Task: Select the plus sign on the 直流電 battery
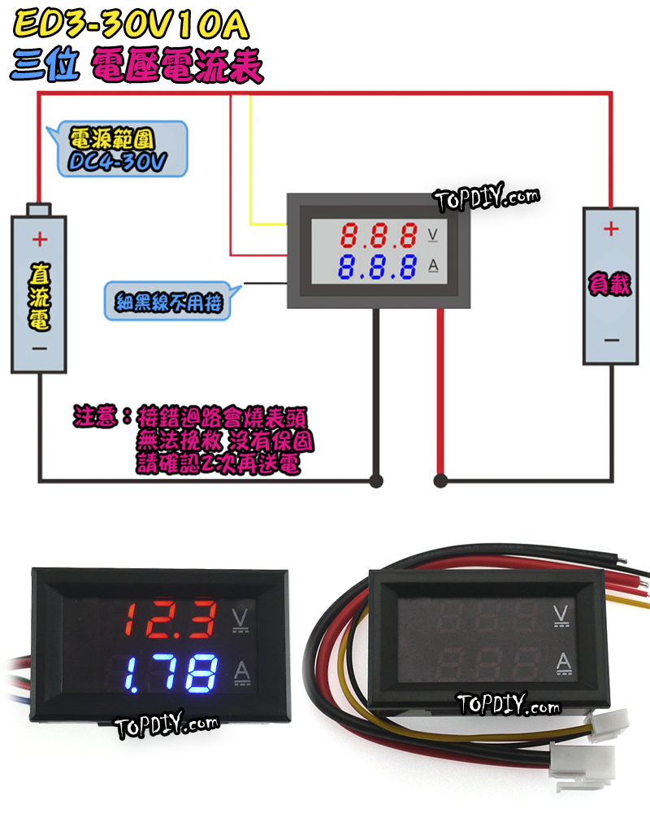[38, 239]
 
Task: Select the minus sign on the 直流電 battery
[38, 348]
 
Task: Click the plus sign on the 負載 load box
[611, 229]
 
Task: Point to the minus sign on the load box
[611, 340]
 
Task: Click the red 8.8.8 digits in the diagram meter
[378, 236]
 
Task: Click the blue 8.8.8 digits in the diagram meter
[378, 266]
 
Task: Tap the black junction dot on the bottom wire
[376, 481]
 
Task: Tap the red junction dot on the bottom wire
[440, 481]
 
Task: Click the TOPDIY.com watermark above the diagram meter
[486, 198]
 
